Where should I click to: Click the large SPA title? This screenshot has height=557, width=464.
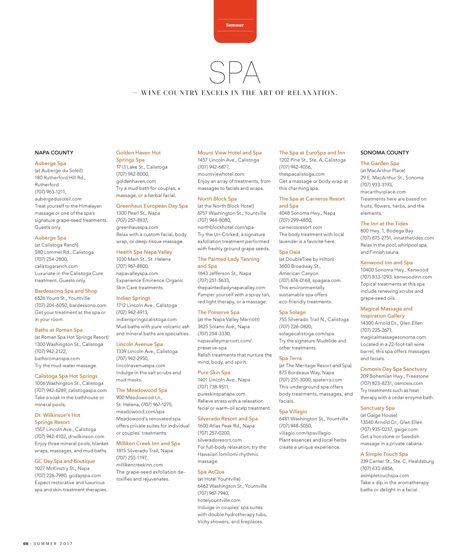[x=235, y=73]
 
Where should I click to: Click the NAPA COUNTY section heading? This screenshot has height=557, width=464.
[x=54, y=153]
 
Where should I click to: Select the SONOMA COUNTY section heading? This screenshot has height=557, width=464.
[x=384, y=153]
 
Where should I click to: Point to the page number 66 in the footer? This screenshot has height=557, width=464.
[x=26, y=543]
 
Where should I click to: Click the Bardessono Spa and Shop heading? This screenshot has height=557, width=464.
[x=66, y=291]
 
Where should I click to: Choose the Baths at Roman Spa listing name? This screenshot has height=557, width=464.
[x=58, y=330]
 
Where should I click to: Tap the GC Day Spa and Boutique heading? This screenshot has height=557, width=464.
[x=64, y=461]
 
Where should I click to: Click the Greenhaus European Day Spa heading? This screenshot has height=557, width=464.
[x=152, y=206]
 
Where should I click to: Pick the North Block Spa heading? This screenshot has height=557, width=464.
[x=217, y=199]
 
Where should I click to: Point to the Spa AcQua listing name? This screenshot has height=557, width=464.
[x=211, y=472]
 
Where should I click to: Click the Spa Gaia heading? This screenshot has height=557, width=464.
[x=290, y=252]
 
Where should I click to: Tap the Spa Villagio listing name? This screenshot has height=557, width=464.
[x=293, y=412]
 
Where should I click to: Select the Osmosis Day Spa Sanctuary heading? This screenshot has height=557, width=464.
[x=393, y=369]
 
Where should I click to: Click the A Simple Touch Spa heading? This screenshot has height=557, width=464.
[x=384, y=454]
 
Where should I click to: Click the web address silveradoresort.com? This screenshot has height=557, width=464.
[x=219, y=440]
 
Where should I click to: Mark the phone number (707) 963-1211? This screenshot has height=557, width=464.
[x=50, y=192]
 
